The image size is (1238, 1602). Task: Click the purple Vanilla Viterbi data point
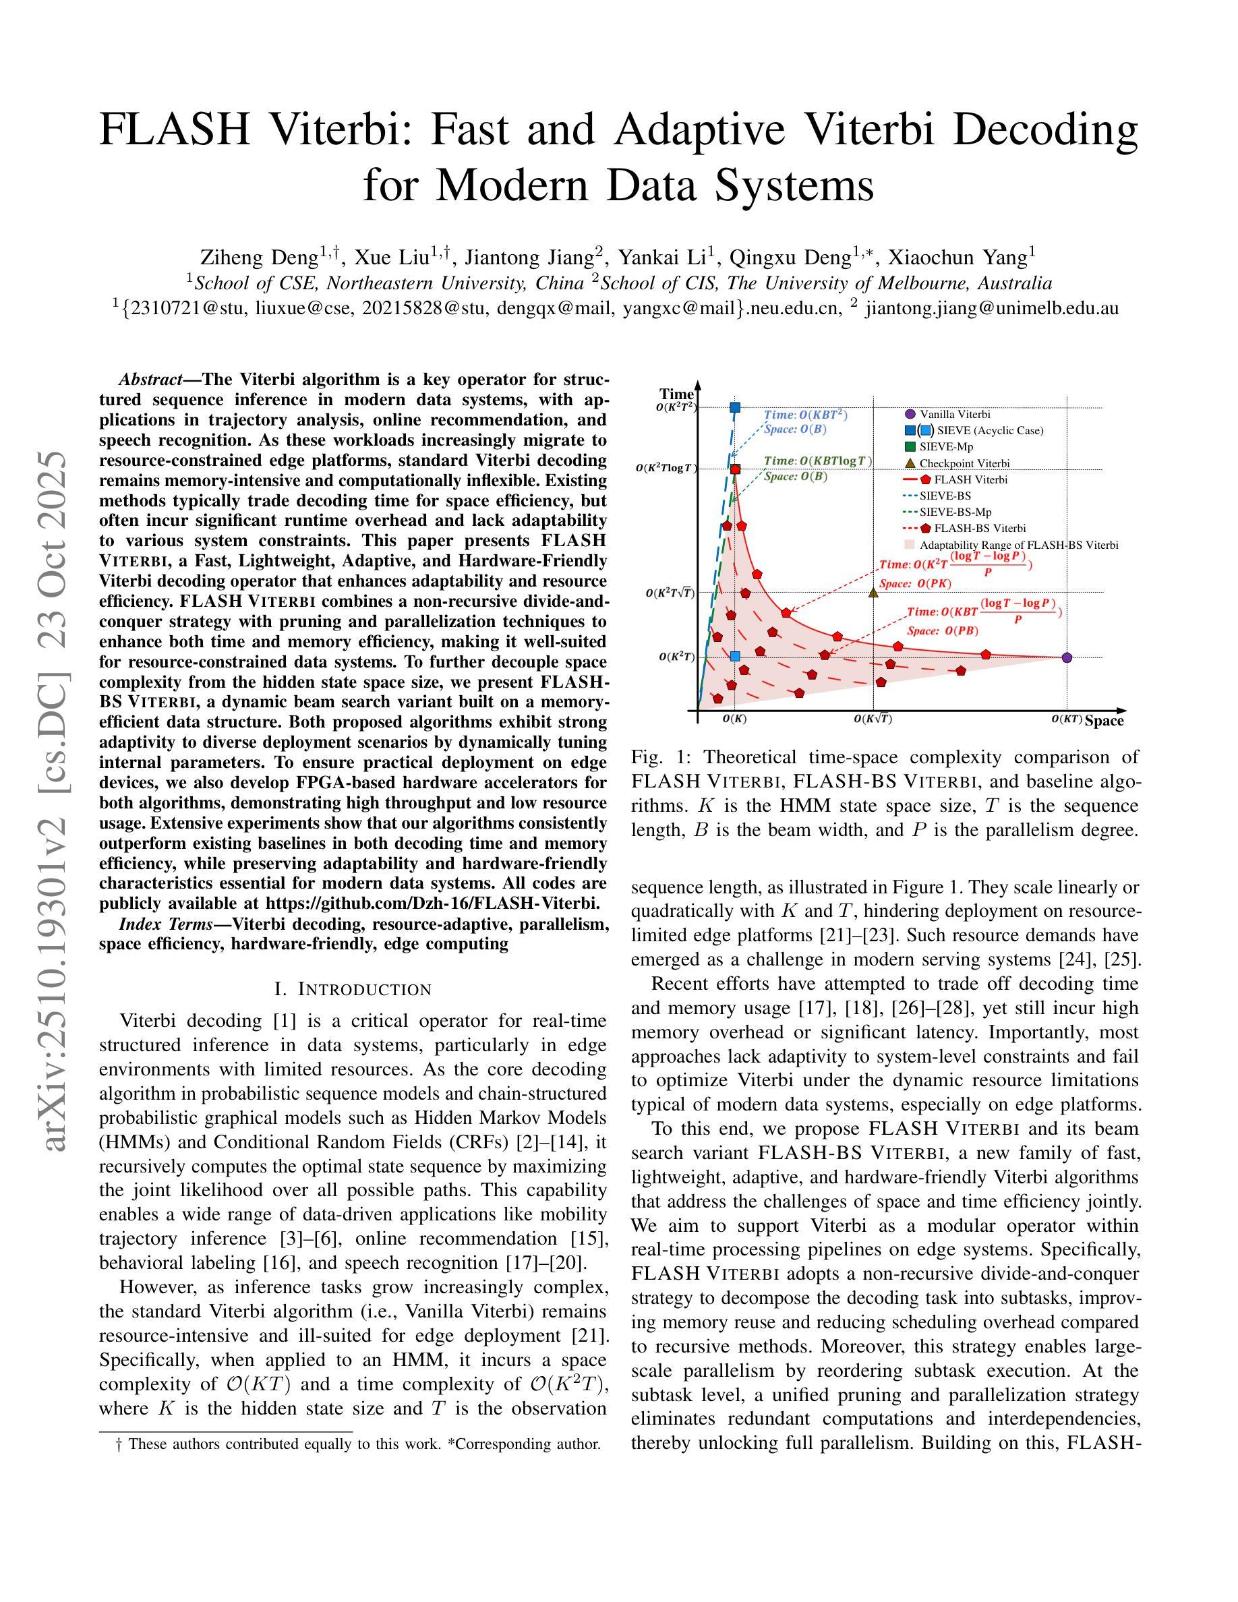tap(1067, 657)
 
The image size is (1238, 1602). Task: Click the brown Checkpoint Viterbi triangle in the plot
tap(873, 592)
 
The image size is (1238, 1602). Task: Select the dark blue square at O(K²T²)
tap(735, 408)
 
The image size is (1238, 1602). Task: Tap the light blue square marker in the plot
tap(735, 656)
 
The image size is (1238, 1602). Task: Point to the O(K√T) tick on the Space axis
tap(873, 719)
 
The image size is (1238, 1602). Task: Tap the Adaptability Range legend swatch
tap(910, 545)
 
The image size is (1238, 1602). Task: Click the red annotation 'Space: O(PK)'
tap(914, 584)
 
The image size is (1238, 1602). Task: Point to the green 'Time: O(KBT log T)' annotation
tap(818, 461)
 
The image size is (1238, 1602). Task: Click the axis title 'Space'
tap(1104, 721)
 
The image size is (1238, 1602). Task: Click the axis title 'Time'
tap(676, 394)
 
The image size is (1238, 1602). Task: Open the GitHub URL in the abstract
tap(433, 903)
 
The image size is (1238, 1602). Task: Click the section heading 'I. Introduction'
tap(353, 990)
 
